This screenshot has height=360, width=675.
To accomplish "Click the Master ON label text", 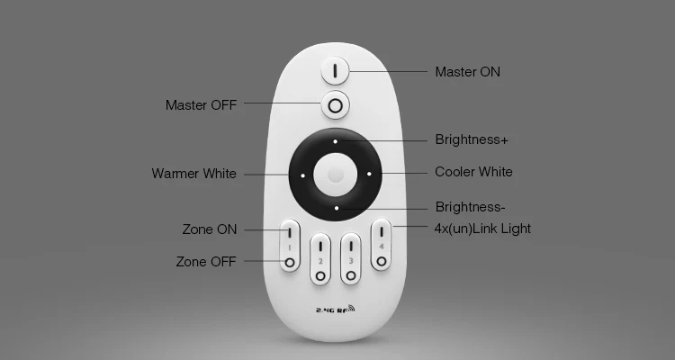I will [x=467, y=71].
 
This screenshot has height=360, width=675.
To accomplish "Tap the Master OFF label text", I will [x=201, y=105].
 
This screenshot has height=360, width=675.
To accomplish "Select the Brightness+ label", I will [x=472, y=139].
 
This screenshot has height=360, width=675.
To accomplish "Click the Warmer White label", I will [x=193, y=174].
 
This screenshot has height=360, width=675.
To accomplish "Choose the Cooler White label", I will [x=473, y=172].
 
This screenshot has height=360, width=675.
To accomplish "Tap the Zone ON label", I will [x=210, y=229].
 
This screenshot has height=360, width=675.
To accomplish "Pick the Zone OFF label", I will [x=206, y=262].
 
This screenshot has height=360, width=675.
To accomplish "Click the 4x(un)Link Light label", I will [x=482, y=229].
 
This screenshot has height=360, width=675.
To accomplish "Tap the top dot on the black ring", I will [x=335, y=141].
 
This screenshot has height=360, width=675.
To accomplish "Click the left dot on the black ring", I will [x=302, y=175].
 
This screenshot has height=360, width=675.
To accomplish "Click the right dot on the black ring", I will [x=368, y=174].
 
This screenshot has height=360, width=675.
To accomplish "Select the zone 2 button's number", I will [x=320, y=261].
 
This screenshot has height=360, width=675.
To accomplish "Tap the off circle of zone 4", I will [x=381, y=261].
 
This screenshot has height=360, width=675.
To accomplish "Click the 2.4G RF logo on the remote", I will [x=336, y=310].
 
